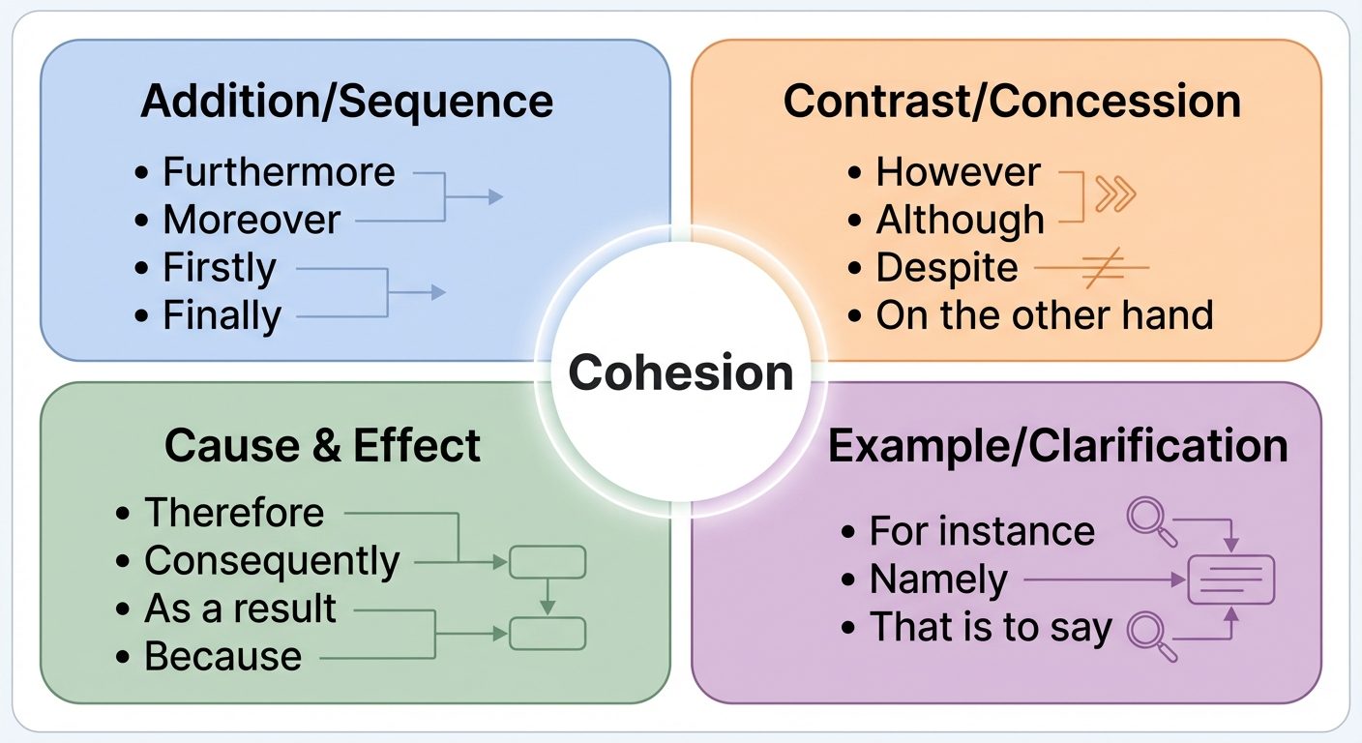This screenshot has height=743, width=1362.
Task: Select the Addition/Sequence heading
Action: coord(346,102)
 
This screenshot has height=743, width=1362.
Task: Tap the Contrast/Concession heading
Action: coord(1012,102)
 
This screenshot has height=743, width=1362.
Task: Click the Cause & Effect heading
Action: coord(322,446)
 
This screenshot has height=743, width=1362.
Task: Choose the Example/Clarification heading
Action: coord(1058,446)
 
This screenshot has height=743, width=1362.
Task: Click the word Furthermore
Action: coord(279,172)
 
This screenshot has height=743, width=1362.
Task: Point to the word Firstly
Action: coord(220,267)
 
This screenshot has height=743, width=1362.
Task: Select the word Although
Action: coord(960,221)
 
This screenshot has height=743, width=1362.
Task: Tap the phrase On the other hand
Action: coord(1044,315)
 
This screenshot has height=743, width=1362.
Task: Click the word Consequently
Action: coord(272,561)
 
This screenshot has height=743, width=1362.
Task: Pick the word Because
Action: coord(222,656)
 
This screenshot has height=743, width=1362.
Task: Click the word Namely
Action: coord(938,580)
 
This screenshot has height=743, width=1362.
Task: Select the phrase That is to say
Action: coord(991,627)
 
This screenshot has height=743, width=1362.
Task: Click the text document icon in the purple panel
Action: coord(1230,580)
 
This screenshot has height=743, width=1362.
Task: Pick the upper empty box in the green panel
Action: coord(547,562)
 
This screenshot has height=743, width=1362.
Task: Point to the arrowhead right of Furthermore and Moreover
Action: coord(496,196)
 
